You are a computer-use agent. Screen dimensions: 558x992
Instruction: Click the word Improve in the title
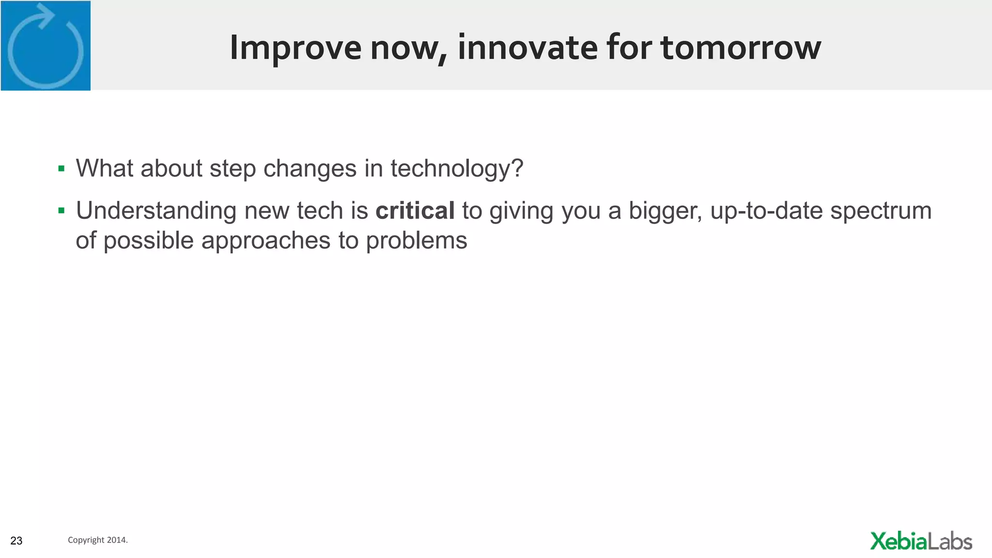click(x=295, y=48)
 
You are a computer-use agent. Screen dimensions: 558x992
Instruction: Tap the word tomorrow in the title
click(x=741, y=48)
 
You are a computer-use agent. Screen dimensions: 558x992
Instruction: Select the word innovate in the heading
click(x=527, y=48)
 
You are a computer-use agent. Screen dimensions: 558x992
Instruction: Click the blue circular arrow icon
click(x=46, y=46)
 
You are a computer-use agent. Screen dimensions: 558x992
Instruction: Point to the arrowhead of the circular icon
click(x=47, y=15)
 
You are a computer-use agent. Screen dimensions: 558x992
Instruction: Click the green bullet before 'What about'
click(x=62, y=169)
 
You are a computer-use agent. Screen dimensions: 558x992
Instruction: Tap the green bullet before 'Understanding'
click(x=62, y=211)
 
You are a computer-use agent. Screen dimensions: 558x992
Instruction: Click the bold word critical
click(x=415, y=211)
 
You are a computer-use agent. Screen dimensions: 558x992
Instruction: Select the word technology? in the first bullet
click(x=457, y=169)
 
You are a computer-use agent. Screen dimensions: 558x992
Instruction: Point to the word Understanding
click(x=156, y=211)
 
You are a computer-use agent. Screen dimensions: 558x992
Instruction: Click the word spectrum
click(x=881, y=211)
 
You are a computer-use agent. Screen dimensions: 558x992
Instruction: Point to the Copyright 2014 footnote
click(x=97, y=540)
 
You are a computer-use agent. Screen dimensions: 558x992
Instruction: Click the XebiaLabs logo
click(x=921, y=541)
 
